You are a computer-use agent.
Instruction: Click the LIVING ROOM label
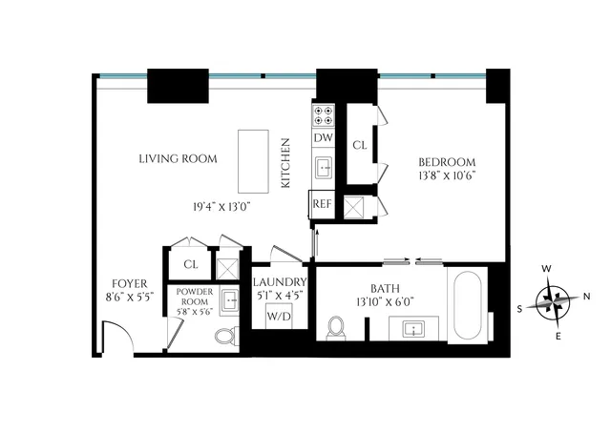point(178,158)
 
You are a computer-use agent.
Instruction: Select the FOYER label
point(129,282)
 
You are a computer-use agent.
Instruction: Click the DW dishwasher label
point(324,138)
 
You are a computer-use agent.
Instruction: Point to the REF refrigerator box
point(320,203)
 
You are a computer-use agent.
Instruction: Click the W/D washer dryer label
point(279,315)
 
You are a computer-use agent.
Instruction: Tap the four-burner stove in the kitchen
point(324,116)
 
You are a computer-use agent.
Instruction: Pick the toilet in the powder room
point(226,336)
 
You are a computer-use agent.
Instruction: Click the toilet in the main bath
point(336,327)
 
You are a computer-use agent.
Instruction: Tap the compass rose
point(553,301)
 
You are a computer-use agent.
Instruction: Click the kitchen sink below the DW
point(324,168)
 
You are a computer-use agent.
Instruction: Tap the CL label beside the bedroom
point(360,146)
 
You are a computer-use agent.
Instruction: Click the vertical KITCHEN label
point(284,162)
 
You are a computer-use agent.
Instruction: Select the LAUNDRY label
point(280,282)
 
